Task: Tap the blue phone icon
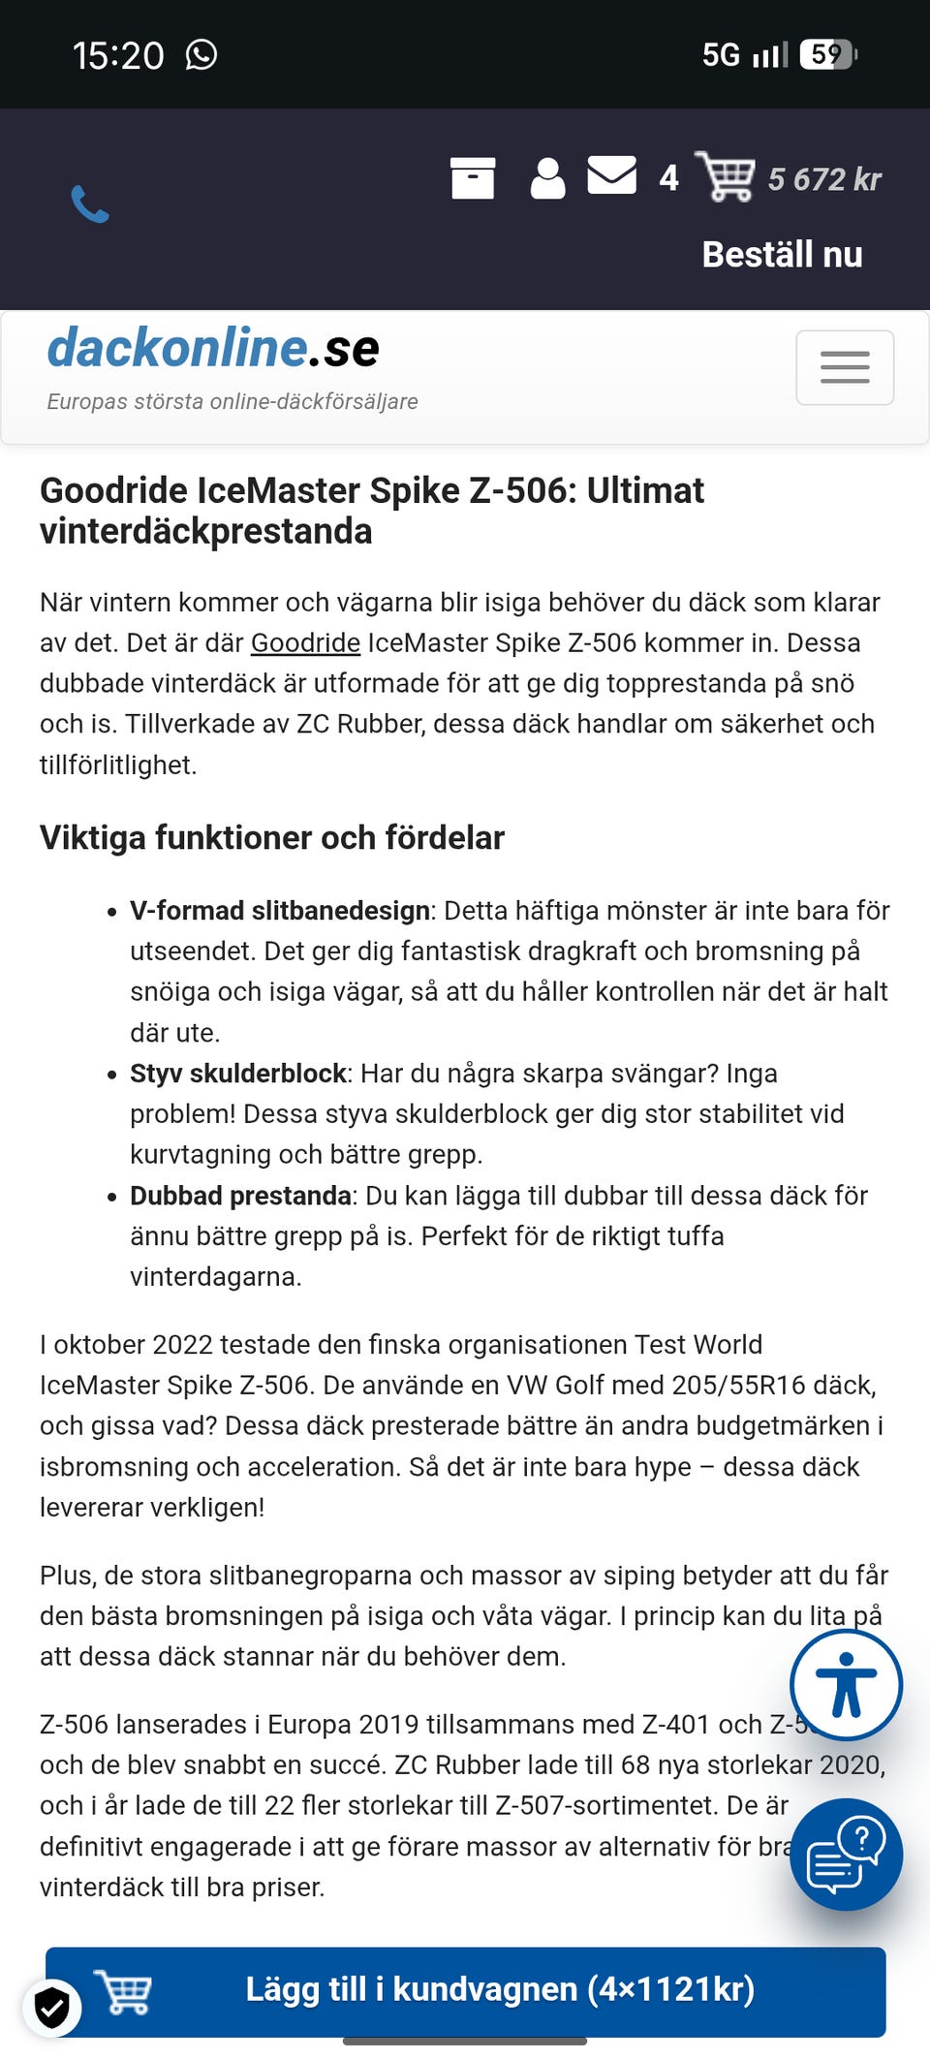(x=90, y=203)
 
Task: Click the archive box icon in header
(x=473, y=178)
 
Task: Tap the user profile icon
(x=547, y=178)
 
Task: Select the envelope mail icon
(x=612, y=176)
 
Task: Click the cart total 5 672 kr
(x=823, y=179)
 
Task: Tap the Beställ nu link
(x=782, y=255)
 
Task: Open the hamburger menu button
(x=845, y=367)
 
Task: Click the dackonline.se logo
(x=213, y=348)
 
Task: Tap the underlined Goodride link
(x=305, y=642)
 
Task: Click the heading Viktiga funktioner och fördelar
(x=272, y=837)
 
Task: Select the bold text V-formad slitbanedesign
(x=280, y=911)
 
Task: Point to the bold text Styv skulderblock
(x=238, y=1074)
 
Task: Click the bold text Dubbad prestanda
(x=240, y=1196)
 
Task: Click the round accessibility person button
(x=846, y=1685)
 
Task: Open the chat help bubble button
(x=846, y=1854)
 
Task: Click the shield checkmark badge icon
(x=52, y=2007)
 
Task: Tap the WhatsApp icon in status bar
(x=201, y=55)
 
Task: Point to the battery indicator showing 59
(x=828, y=54)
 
